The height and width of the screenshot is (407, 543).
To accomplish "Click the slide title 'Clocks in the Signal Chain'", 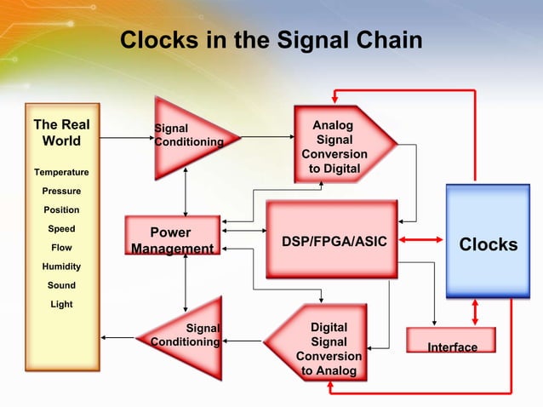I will pyautogui.click(x=271, y=40).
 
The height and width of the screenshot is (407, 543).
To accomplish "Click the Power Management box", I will pyautogui.click(x=171, y=239).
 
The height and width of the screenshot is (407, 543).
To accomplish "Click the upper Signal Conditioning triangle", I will pyautogui.click(x=183, y=136).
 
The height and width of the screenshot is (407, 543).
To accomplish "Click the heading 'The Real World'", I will pyautogui.click(x=61, y=134).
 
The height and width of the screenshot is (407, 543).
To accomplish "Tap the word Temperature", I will pyautogui.click(x=61, y=173).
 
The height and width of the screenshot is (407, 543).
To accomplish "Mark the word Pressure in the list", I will pyautogui.click(x=61, y=192).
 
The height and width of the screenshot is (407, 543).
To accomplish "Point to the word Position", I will pyautogui.click(x=61, y=210).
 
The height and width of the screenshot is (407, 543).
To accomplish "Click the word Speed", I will pyautogui.click(x=61, y=229).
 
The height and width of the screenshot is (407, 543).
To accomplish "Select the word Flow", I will pyautogui.click(x=61, y=248).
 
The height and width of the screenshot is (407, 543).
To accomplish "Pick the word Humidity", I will pyautogui.click(x=61, y=267).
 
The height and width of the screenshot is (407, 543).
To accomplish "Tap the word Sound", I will pyautogui.click(x=61, y=285).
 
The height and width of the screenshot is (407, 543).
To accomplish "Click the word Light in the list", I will pyautogui.click(x=61, y=304).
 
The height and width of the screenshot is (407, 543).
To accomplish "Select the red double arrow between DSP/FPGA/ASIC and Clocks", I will pyautogui.click(x=423, y=241).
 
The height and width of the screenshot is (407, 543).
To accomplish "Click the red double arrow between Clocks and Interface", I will pyautogui.click(x=475, y=313).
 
